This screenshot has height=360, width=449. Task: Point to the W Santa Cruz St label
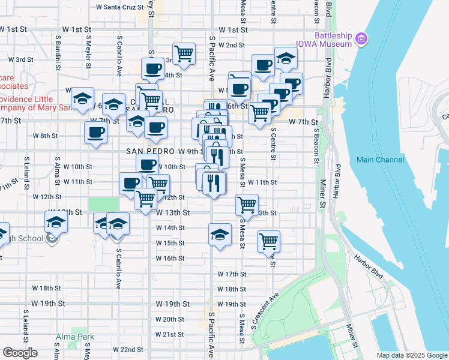click(120, 8)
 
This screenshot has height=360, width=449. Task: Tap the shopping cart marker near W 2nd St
click(184, 54)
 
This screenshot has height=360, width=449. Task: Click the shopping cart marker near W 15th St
click(268, 241)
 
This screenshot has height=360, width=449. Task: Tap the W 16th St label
click(170, 258)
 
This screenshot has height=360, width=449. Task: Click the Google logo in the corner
click(20, 353)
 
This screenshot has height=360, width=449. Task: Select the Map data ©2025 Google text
click(411, 355)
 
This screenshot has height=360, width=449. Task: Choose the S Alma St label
click(57, 173)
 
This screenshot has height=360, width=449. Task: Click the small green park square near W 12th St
click(103, 204)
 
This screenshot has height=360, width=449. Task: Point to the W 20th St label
click(169, 319)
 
